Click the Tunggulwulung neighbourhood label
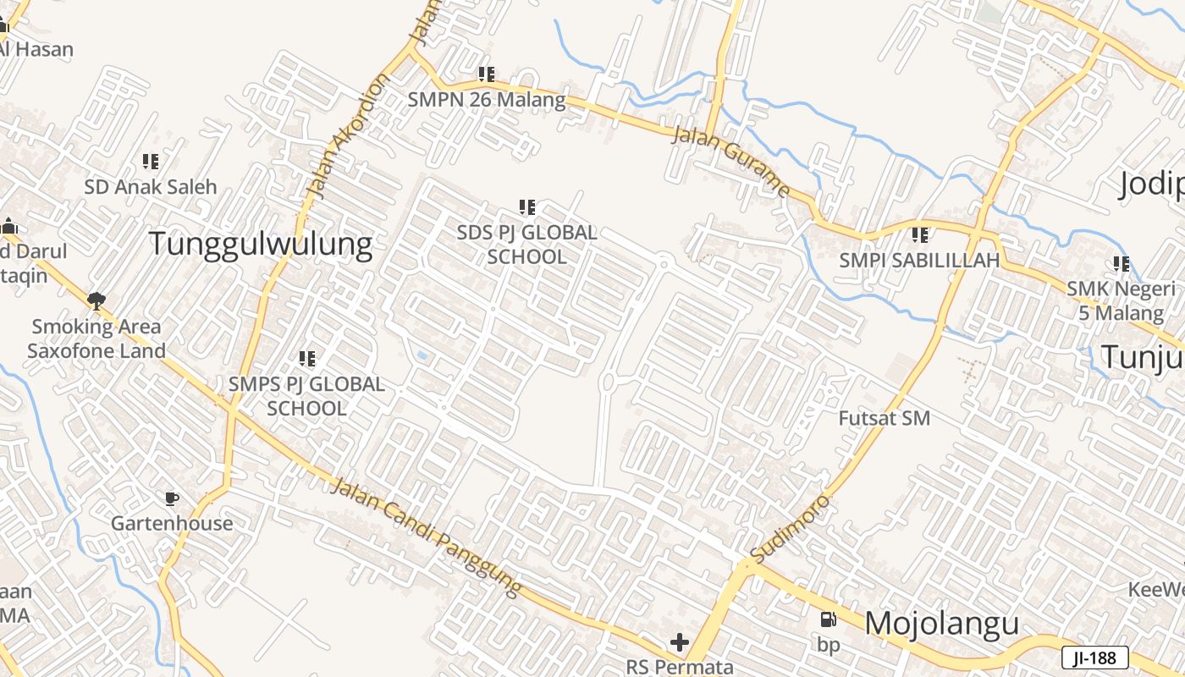[261, 244]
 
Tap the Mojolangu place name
[941, 624]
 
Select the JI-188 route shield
[1094, 658]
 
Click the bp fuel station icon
[828, 619]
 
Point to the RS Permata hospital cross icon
[679, 642]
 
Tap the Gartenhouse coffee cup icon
[172, 498]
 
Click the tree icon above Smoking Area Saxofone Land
[96, 300]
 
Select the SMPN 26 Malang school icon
[486, 74]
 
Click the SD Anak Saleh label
[151, 186]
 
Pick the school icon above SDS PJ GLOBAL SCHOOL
[527, 207]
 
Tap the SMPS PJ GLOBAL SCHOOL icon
[307, 359]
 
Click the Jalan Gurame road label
[730, 161]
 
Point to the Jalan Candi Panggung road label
[425, 537]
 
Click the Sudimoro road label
[791, 526]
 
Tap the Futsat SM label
[884, 418]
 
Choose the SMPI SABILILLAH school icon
[919, 234]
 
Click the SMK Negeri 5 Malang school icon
[1122, 264]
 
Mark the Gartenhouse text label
[172, 523]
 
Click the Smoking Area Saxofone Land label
[96, 338]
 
